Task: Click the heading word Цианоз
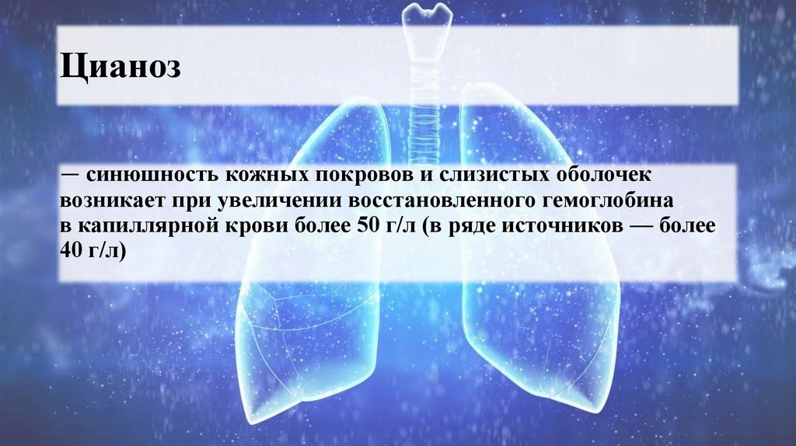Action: (120, 67)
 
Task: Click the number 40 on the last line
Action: (71, 252)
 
